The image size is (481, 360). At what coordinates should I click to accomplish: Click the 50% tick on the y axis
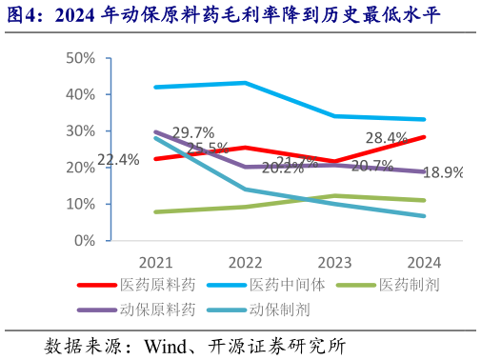pyautogui.click(x=80, y=58)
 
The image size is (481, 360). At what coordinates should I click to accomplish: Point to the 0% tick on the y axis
pyautogui.click(x=84, y=240)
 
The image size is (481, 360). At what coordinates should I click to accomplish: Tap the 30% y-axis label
pyautogui.click(x=80, y=130)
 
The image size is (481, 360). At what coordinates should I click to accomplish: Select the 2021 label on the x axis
pyautogui.click(x=155, y=262)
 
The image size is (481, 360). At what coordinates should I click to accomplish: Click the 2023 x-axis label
pyautogui.click(x=333, y=262)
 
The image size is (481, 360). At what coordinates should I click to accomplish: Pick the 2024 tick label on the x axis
pyautogui.click(x=423, y=262)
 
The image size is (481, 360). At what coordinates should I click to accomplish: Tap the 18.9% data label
pyautogui.click(x=445, y=173)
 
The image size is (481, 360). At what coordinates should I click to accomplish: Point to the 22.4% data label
pyautogui.click(x=118, y=160)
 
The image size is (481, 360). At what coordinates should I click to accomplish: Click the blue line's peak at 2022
pyautogui.click(x=245, y=83)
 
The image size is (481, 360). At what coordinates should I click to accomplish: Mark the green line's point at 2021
pyautogui.click(x=155, y=211)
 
